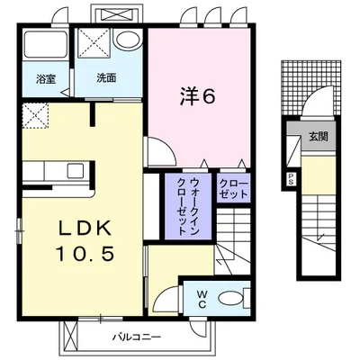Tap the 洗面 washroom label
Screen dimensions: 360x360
coord(107,78)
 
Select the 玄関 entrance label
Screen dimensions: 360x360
coord(318,136)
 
